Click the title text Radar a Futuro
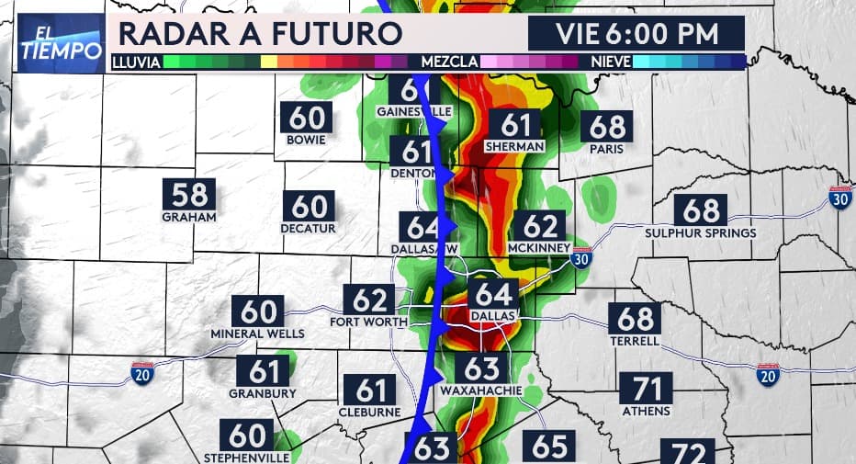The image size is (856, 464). point(260,34)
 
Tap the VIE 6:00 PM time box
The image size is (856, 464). point(636,34)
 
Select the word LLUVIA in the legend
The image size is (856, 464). point(137,62)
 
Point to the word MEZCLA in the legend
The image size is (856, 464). point(449,62)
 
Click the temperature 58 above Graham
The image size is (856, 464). point(188,195)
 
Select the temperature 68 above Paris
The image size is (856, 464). point(608,126)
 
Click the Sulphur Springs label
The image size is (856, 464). point(701,233)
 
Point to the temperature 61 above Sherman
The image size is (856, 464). point(515,124)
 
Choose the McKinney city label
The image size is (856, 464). point(539,248)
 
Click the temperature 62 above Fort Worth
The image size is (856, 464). point(369,300)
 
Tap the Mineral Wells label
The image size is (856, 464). point(256,334)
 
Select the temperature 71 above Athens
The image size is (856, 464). point(646,388)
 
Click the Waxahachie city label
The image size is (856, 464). point(480,390)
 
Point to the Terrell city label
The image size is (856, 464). point(635,341)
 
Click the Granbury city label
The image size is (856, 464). point(263,393)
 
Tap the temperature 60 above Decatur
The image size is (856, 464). point(310,205)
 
